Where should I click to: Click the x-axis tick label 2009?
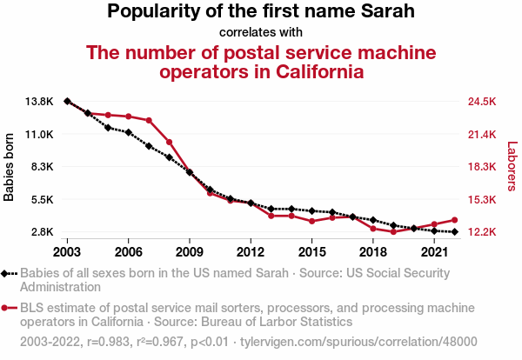pyautogui.click(x=189, y=252)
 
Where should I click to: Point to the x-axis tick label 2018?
pyautogui.click(x=372, y=252)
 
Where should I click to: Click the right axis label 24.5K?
pyautogui.click(x=481, y=102)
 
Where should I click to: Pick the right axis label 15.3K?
pyautogui.click(x=481, y=199)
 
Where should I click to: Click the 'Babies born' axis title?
pyautogui.click(x=10, y=167)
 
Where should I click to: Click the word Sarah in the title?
pyautogui.click(x=386, y=12)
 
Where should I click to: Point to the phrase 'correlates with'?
pyautogui.click(x=261, y=32)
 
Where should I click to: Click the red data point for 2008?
pyautogui.click(x=169, y=142)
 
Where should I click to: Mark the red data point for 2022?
pyautogui.click(x=454, y=220)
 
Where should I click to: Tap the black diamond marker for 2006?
pyautogui.click(x=128, y=132)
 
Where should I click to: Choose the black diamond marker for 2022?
pyautogui.click(x=454, y=231)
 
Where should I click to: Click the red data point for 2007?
pyautogui.click(x=149, y=120)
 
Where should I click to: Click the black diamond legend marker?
pyautogui.click(x=7, y=273)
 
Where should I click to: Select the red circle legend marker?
pyautogui.click(x=7, y=308)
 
